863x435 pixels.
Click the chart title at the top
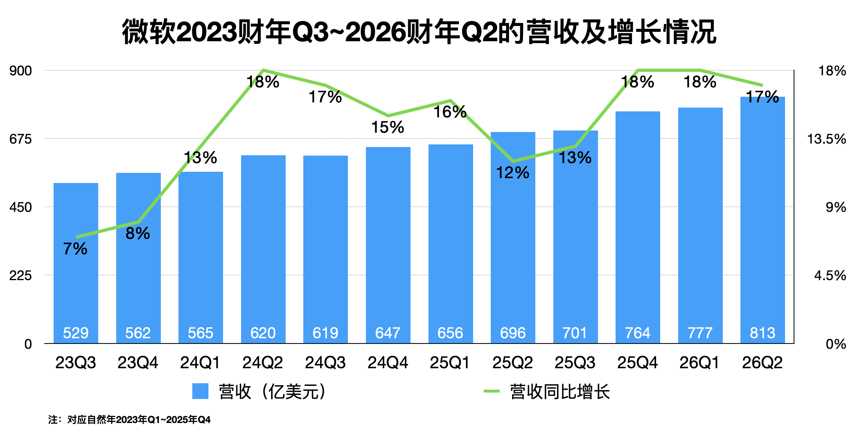[x=419, y=32]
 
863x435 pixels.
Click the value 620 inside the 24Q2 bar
[x=263, y=333]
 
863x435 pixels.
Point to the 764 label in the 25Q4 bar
[x=638, y=333]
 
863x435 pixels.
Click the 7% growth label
[x=75, y=249]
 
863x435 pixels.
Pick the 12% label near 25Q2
[x=512, y=173]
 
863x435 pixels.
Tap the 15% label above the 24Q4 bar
[x=388, y=127]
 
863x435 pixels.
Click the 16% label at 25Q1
[x=450, y=112]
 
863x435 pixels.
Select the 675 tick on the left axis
[x=21, y=139]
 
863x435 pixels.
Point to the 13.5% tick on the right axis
[x=826, y=139]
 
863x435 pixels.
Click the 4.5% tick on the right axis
[x=830, y=276]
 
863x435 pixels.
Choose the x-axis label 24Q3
[x=325, y=363]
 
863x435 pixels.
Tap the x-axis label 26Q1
[x=700, y=363]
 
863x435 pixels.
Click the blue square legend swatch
[x=200, y=391]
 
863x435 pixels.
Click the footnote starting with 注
[x=129, y=420]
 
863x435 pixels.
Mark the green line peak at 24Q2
[x=263, y=70]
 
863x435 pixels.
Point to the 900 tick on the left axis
[x=21, y=70]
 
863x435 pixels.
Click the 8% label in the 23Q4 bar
[x=138, y=234]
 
